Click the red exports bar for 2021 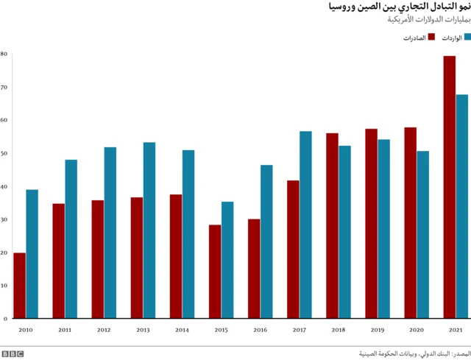pyautogui.click(x=449, y=187)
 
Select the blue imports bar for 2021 pyautogui.click(x=462, y=206)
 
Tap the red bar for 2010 pyautogui.click(x=19, y=286)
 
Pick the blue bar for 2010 pyautogui.click(x=32, y=254)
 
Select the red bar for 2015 pyautogui.click(x=214, y=272)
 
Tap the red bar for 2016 pyautogui.click(x=254, y=269)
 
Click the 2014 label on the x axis pyautogui.click(x=182, y=331)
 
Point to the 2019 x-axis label pyautogui.click(x=378, y=331)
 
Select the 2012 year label pyautogui.click(x=104, y=331)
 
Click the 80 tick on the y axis pyautogui.click(x=4, y=54)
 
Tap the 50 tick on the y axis pyautogui.click(x=4, y=154)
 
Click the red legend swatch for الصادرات pyautogui.click(x=431, y=37)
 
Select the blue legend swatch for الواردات pyautogui.click(x=467, y=37)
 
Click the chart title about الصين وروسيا pyautogui.click(x=397, y=7)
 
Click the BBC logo pyautogui.click(x=13, y=354)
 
